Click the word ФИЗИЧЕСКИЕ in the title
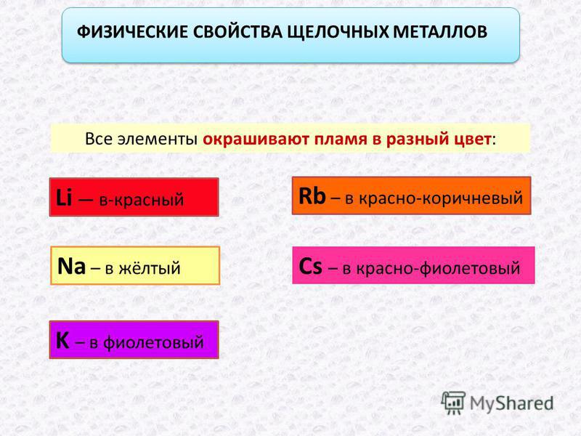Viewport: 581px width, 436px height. (132, 32)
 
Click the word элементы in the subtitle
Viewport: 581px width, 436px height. (158, 140)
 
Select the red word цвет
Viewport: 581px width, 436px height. (473, 140)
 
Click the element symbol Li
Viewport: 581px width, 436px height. (64, 197)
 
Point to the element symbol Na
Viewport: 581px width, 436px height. (71, 266)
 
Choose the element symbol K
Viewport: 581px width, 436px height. (62, 340)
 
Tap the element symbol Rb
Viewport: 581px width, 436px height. (312, 195)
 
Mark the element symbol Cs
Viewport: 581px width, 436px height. (310, 266)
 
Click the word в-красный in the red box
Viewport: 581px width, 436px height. (142, 200)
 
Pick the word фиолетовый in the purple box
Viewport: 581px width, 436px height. (153, 342)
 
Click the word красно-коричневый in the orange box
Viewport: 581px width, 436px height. (441, 198)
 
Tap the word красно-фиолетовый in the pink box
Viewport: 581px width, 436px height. (439, 267)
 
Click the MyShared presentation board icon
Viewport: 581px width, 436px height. (453, 403)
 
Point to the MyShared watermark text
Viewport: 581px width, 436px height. (512, 403)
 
